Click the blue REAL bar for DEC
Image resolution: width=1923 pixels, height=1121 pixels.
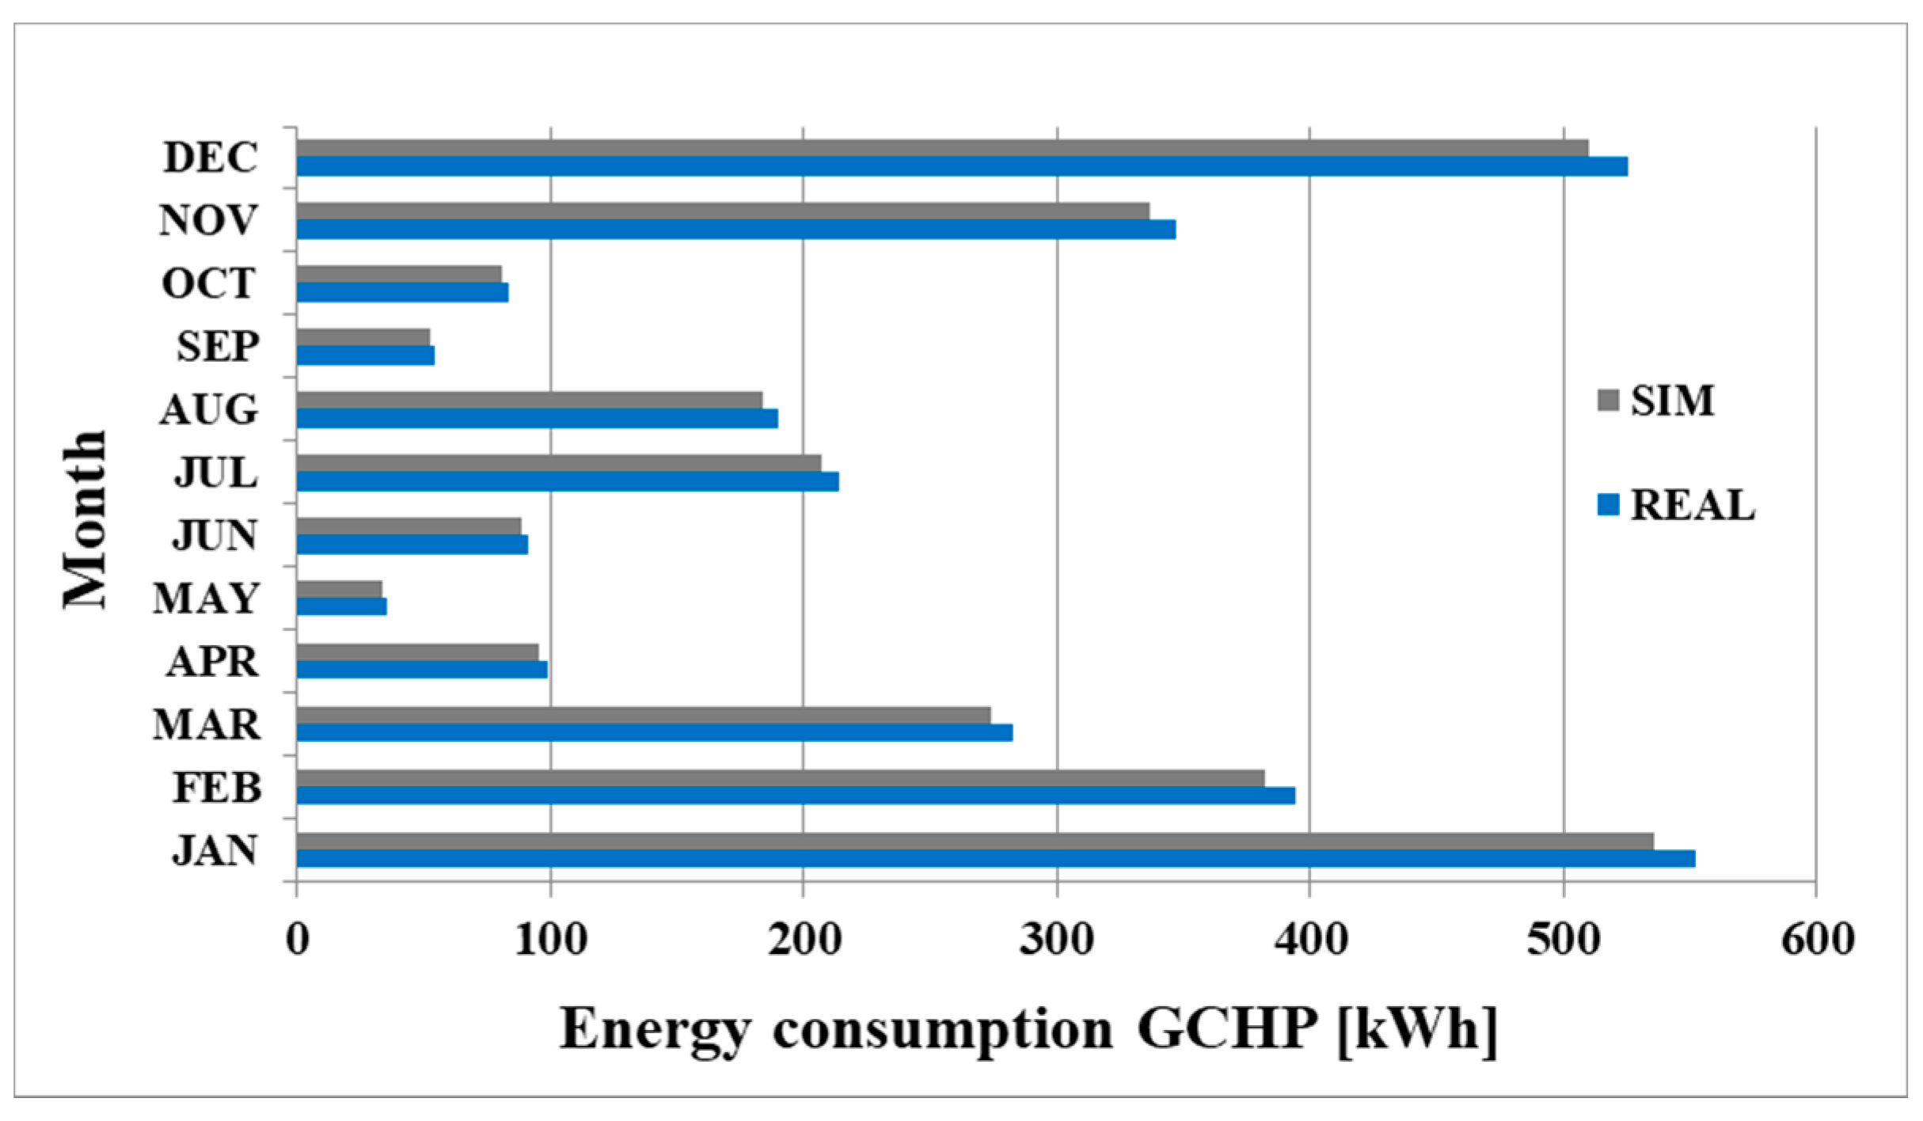[961, 166]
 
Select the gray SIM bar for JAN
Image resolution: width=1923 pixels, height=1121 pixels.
[974, 841]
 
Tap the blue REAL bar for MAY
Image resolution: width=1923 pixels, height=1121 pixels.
[341, 606]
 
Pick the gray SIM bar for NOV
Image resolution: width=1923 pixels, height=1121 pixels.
[722, 211]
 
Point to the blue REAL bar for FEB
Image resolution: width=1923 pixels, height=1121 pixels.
[795, 796]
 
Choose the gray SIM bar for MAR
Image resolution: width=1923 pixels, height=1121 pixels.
[643, 715]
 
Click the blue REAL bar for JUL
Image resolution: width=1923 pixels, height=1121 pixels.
[567, 481]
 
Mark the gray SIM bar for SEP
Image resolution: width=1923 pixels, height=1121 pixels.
[363, 337]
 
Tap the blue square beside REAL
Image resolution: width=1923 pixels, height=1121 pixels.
[1608, 505]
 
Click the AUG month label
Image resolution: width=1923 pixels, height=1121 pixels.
[209, 410]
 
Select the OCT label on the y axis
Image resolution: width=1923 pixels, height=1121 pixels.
[209, 283]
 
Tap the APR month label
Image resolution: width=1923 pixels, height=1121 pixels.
[212, 662]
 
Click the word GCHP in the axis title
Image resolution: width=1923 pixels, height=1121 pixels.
[1227, 1029]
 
